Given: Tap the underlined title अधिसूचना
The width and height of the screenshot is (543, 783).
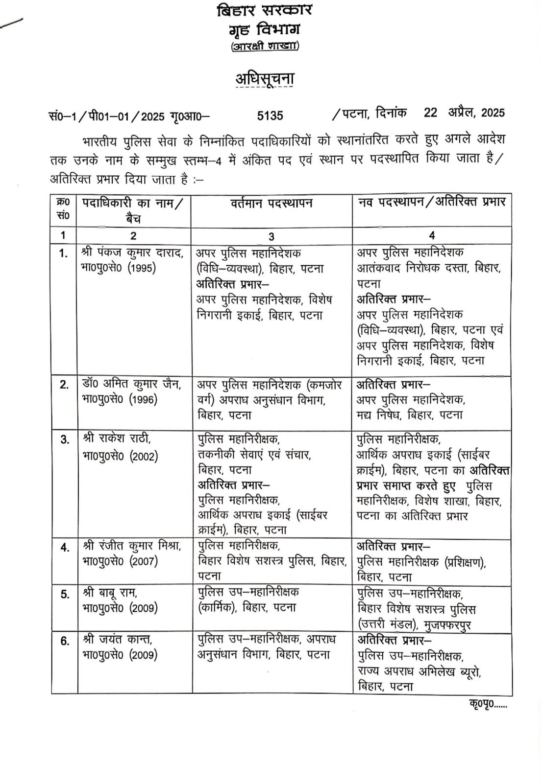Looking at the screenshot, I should pyautogui.click(x=265, y=78).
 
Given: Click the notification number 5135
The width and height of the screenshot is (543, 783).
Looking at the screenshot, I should pyautogui.click(x=270, y=115).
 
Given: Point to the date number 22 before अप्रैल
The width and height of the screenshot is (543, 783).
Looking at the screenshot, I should pyautogui.click(x=430, y=113).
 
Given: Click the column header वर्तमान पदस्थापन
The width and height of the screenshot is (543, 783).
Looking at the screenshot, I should pyautogui.click(x=271, y=204).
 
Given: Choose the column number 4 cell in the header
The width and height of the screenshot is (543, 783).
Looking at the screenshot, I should pyautogui.click(x=431, y=235).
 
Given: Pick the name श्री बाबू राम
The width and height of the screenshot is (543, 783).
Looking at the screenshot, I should pyautogui.click(x=110, y=593).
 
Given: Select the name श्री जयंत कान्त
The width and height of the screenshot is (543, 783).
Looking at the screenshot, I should pyautogui.click(x=118, y=640).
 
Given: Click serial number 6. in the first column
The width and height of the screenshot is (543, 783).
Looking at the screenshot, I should pyautogui.click(x=65, y=641).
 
